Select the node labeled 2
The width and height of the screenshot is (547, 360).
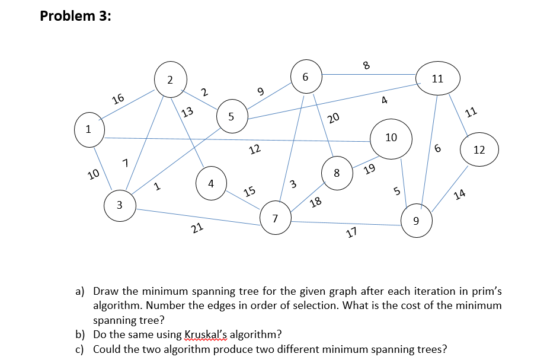pyautogui.click(x=170, y=79)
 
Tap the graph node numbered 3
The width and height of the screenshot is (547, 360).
pyautogui.click(x=120, y=205)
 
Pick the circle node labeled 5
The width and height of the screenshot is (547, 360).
pyautogui.click(x=232, y=116)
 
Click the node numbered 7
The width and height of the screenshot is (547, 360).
pyautogui.click(x=274, y=219)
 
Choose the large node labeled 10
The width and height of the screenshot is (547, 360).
pyautogui.click(x=391, y=138)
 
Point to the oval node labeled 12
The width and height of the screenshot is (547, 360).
pyautogui.click(x=479, y=150)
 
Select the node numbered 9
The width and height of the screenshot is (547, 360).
pyautogui.click(x=416, y=222)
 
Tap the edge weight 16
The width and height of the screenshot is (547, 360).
pyautogui.click(x=119, y=98)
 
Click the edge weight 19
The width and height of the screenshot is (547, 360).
pyautogui.click(x=369, y=170)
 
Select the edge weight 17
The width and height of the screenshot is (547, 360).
pyautogui.click(x=351, y=232)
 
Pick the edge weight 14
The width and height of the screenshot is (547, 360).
pyautogui.click(x=459, y=195)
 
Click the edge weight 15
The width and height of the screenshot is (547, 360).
pyautogui.click(x=249, y=191)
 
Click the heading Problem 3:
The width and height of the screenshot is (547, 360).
pyautogui.click(x=75, y=16)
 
